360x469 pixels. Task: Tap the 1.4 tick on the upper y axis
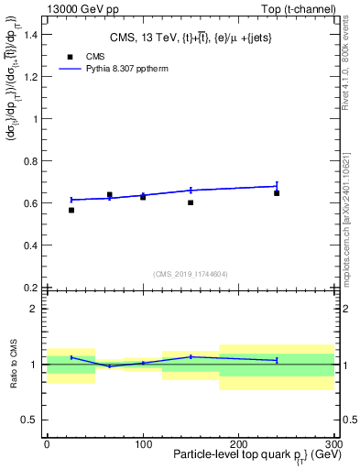(x=33, y=35)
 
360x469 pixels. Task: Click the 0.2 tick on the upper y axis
(x=33, y=288)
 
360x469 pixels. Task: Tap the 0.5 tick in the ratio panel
(x=32, y=420)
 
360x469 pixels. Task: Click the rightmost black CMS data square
(x=277, y=193)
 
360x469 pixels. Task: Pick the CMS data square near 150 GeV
(x=191, y=202)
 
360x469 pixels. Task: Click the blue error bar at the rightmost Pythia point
(x=277, y=185)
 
